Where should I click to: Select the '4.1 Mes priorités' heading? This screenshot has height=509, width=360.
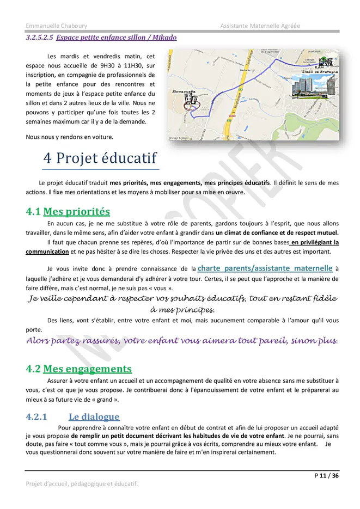tap(68, 212)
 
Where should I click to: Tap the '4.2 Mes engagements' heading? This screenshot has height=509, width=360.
tap(78, 369)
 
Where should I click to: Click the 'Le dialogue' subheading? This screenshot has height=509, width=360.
tap(94, 417)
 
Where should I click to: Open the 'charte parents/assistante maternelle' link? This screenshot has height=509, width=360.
tap(265, 268)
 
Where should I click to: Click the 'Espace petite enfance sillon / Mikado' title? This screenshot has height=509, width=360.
tap(116, 38)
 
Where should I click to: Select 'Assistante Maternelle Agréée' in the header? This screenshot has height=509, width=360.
tap(260, 26)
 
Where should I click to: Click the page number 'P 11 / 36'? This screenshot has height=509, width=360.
tap(327, 475)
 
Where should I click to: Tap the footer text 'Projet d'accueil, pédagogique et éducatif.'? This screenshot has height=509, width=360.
tap(82, 483)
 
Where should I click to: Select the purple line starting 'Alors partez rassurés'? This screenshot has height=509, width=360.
tap(182, 341)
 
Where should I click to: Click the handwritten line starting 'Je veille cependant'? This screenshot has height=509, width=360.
tap(182, 298)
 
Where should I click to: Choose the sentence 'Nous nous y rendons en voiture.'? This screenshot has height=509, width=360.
tap(70, 137)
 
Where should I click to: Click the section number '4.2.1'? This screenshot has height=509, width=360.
tap(37, 417)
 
